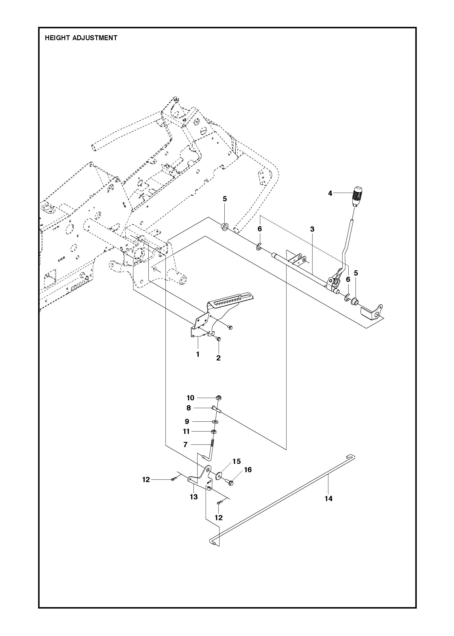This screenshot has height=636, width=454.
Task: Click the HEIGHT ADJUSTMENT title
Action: (81, 38)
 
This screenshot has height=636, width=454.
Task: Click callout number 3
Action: (312, 229)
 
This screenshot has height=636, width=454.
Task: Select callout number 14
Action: (329, 499)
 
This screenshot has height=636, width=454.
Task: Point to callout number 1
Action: (198, 354)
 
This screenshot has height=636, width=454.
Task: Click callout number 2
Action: (218, 358)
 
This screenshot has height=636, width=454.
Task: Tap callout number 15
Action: (237, 461)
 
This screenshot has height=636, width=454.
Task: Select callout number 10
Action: (190, 398)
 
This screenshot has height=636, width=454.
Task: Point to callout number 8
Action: (189, 408)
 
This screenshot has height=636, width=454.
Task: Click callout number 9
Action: (187, 422)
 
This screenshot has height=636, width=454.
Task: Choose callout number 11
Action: (186, 431)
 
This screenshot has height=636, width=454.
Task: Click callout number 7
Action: (185, 445)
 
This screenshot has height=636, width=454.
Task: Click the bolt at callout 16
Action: (230, 482)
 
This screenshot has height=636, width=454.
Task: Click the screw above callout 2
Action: (218, 339)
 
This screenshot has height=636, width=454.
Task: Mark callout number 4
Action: (330, 193)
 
